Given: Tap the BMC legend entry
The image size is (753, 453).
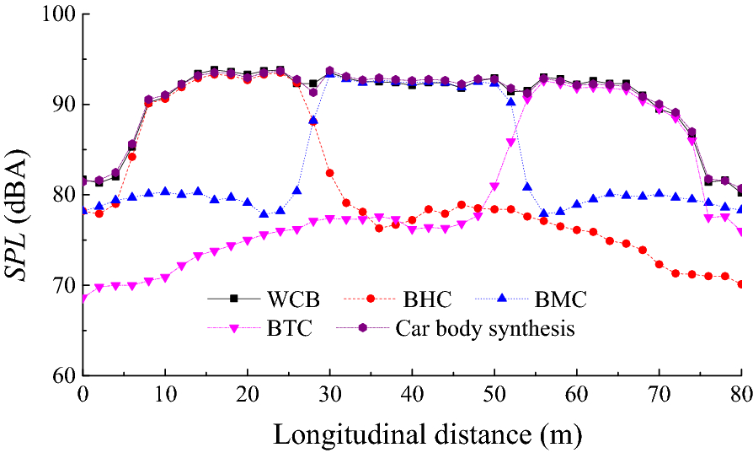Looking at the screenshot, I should click(x=559, y=299).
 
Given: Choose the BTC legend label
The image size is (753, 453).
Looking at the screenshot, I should click(x=290, y=329).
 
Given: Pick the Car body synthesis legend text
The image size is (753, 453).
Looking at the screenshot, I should click(x=485, y=329).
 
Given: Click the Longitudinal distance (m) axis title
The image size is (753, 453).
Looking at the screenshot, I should click(x=413, y=434).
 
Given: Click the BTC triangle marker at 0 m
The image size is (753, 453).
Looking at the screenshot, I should click(x=83, y=299).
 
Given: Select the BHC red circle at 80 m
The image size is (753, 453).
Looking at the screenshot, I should click(x=741, y=284).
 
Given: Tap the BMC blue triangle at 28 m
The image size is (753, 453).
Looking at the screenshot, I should click(x=313, y=120).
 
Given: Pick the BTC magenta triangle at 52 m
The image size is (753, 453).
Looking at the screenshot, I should click(x=510, y=142).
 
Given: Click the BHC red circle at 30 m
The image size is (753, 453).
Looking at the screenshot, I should click(x=329, y=173).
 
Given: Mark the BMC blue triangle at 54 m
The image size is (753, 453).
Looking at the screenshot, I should click(x=527, y=186).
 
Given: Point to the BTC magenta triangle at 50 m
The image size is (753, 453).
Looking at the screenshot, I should click(x=494, y=186).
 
